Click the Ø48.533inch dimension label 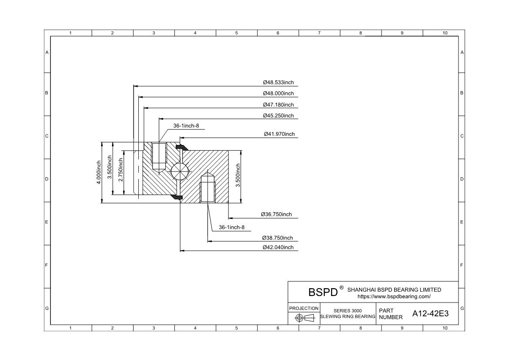click(x=278, y=82)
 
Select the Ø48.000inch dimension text click(x=278, y=93)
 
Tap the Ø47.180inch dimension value click(x=278, y=104)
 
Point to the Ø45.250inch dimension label click(x=278, y=115)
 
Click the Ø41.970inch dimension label click(x=279, y=134)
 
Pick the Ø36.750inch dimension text click(x=276, y=214)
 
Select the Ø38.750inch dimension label click(x=278, y=238)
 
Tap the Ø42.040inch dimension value click(x=278, y=247)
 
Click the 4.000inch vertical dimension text click(x=99, y=172)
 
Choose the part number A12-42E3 click(x=430, y=314)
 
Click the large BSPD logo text click(x=323, y=292)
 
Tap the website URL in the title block click(x=394, y=296)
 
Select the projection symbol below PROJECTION click(x=305, y=318)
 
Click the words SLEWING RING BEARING click(x=348, y=317)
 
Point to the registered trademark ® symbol click(x=342, y=288)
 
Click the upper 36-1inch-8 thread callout click(x=186, y=126)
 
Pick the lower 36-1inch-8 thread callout click(x=231, y=227)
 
